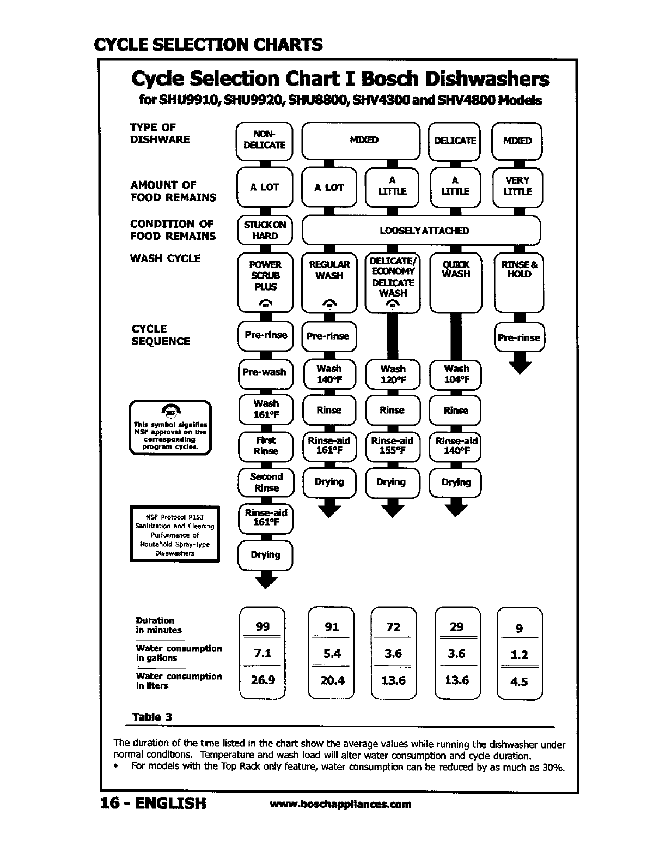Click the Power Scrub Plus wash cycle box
(265, 282)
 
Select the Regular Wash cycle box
(329, 282)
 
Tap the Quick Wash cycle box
(456, 282)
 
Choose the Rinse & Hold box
(518, 282)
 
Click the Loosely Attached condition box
(421, 231)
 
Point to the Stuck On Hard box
(265, 230)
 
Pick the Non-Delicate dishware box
(264, 140)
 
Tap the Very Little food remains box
(517, 186)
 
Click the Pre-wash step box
(265, 372)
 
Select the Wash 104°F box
(456, 375)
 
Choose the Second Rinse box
(266, 482)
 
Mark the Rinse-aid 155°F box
(392, 446)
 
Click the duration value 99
(263, 627)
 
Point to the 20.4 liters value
(332, 680)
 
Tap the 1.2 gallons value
(519, 655)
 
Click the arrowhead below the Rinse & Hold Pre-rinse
(519, 365)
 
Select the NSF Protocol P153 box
(174, 534)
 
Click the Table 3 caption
(152, 717)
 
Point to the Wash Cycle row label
(165, 258)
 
